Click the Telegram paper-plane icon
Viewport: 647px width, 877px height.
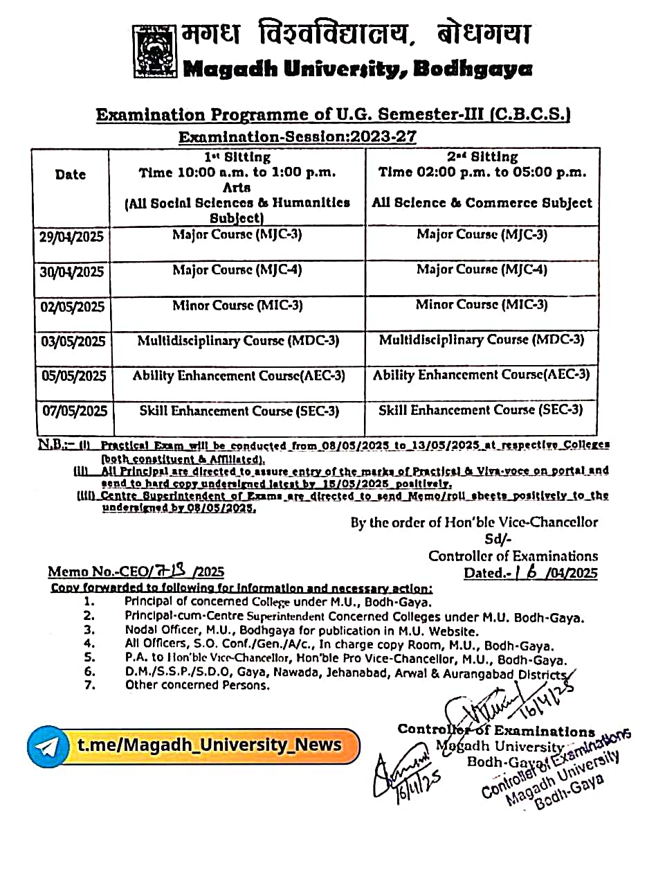48,746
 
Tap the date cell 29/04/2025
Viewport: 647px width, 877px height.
71,238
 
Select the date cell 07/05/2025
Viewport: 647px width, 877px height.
75,411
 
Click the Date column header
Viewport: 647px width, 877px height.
70,175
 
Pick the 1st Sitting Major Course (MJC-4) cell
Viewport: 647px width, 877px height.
237,270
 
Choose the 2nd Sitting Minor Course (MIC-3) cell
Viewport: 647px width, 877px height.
482,305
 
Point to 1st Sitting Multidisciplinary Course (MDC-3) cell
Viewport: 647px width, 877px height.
238,341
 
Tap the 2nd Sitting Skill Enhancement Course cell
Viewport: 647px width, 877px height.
480,410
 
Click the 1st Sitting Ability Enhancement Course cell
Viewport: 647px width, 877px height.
239,375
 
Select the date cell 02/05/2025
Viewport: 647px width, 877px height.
73,307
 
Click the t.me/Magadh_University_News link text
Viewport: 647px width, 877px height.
209,745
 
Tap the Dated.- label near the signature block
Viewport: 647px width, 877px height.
485,573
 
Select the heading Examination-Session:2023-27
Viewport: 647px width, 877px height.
298,136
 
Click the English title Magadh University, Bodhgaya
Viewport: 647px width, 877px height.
357,69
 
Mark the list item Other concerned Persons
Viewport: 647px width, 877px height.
197,685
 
